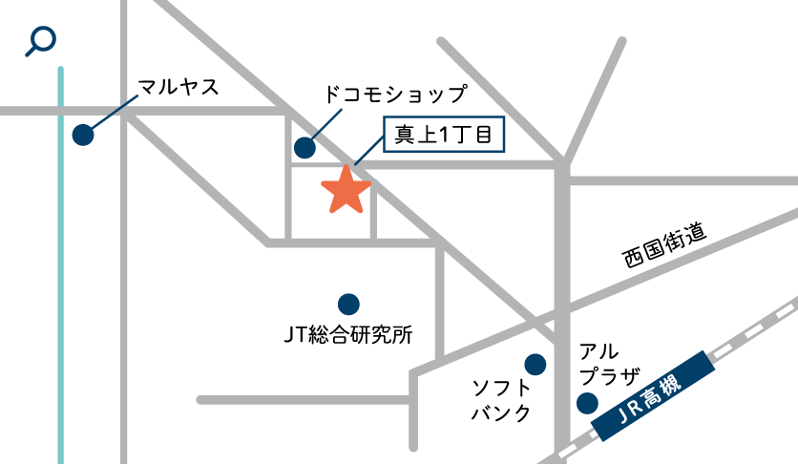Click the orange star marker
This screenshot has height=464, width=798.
tap(346, 190)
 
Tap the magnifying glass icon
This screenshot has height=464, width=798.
tap(41, 40)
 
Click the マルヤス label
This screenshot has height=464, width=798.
tap(178, 89)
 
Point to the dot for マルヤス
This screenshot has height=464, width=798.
tap(83, 136)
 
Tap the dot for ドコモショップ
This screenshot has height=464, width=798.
tap(304, 147)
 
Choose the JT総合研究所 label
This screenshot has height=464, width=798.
tap(347, 335)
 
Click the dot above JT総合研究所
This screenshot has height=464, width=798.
tap(348, 304)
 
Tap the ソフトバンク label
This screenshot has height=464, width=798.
tap(501, 400)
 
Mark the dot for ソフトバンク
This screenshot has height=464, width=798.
tap(535, 364)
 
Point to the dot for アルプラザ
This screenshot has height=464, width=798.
tap(588, 404)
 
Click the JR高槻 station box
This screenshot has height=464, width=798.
tap(654, 397)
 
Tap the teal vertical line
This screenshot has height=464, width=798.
tap(61, 286)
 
